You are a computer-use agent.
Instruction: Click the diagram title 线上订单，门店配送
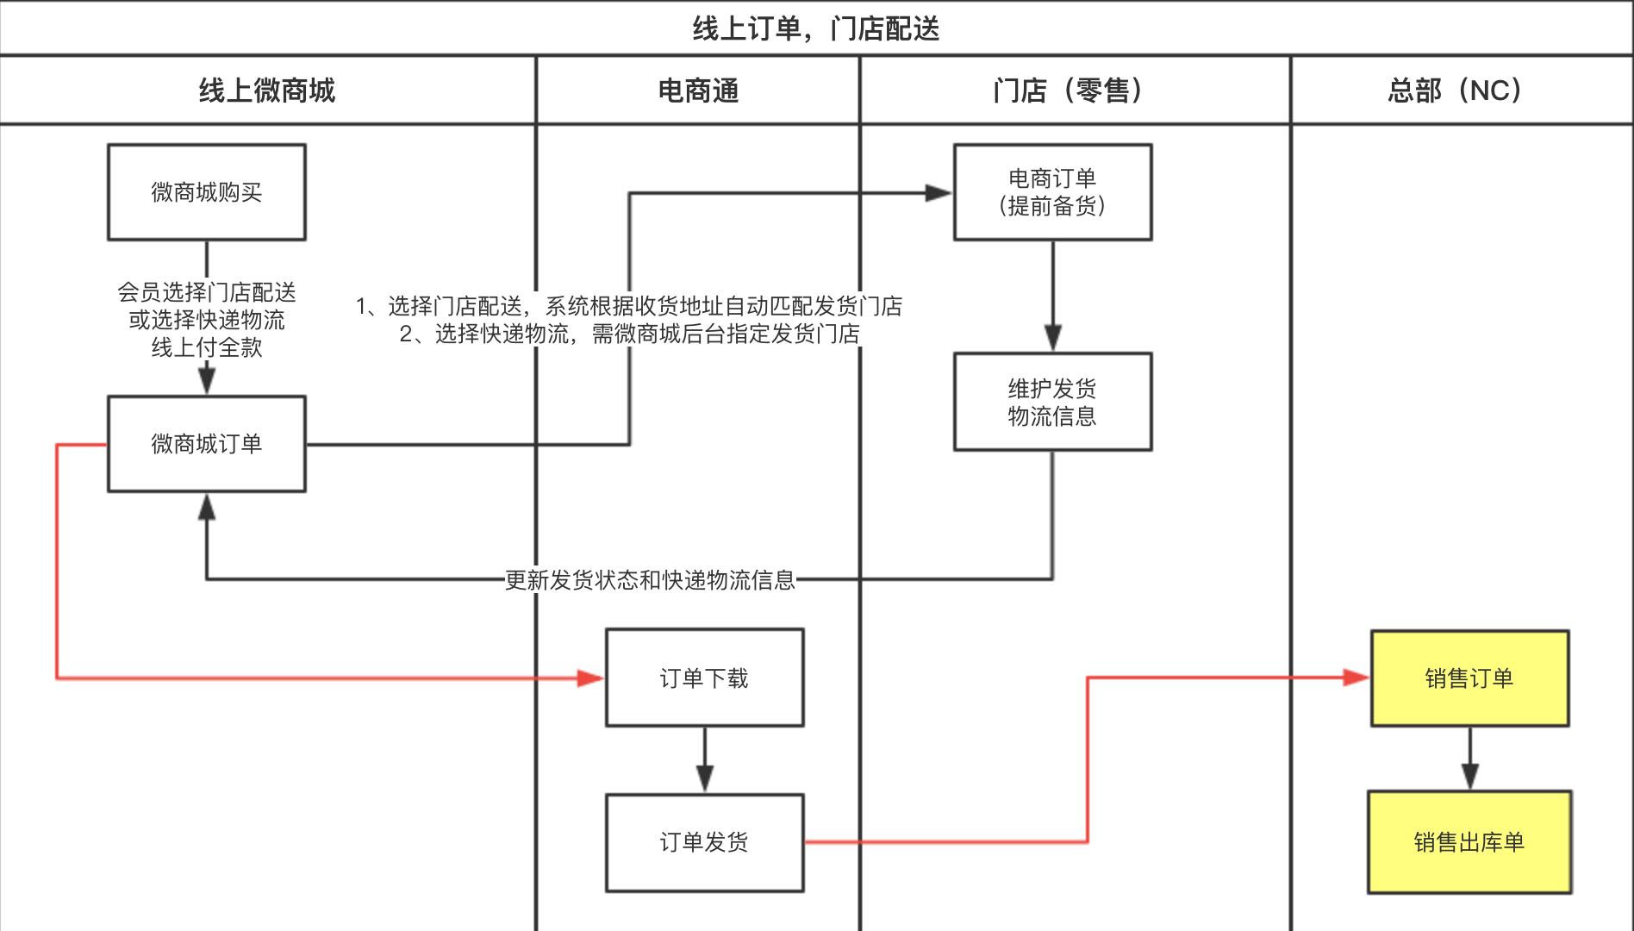(x=815, y=28)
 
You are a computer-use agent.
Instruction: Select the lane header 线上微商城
(x=267, y=90)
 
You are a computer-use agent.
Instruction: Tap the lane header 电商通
(x=698, y=90)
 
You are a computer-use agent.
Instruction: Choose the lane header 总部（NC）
(x=1456, y=90)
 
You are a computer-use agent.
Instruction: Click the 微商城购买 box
(x=206, y=192)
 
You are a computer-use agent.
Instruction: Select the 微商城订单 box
(x=206, y=444)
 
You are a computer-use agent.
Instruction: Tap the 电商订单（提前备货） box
(x=1052, y=192)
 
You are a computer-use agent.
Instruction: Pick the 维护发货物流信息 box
(x=1052, y=402)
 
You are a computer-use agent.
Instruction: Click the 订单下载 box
(x=704, y=678)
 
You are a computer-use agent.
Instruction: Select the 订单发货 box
(x=704, y=842)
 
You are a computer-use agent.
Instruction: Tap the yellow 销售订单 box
(x=1469, y=678)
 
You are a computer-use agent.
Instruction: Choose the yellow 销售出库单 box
(x=1469, y=842)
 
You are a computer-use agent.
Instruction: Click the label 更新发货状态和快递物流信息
(x=650, y=579)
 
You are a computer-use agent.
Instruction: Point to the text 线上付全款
(x=207, y=347)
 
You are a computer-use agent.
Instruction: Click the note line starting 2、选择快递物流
(x=630, y=334)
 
